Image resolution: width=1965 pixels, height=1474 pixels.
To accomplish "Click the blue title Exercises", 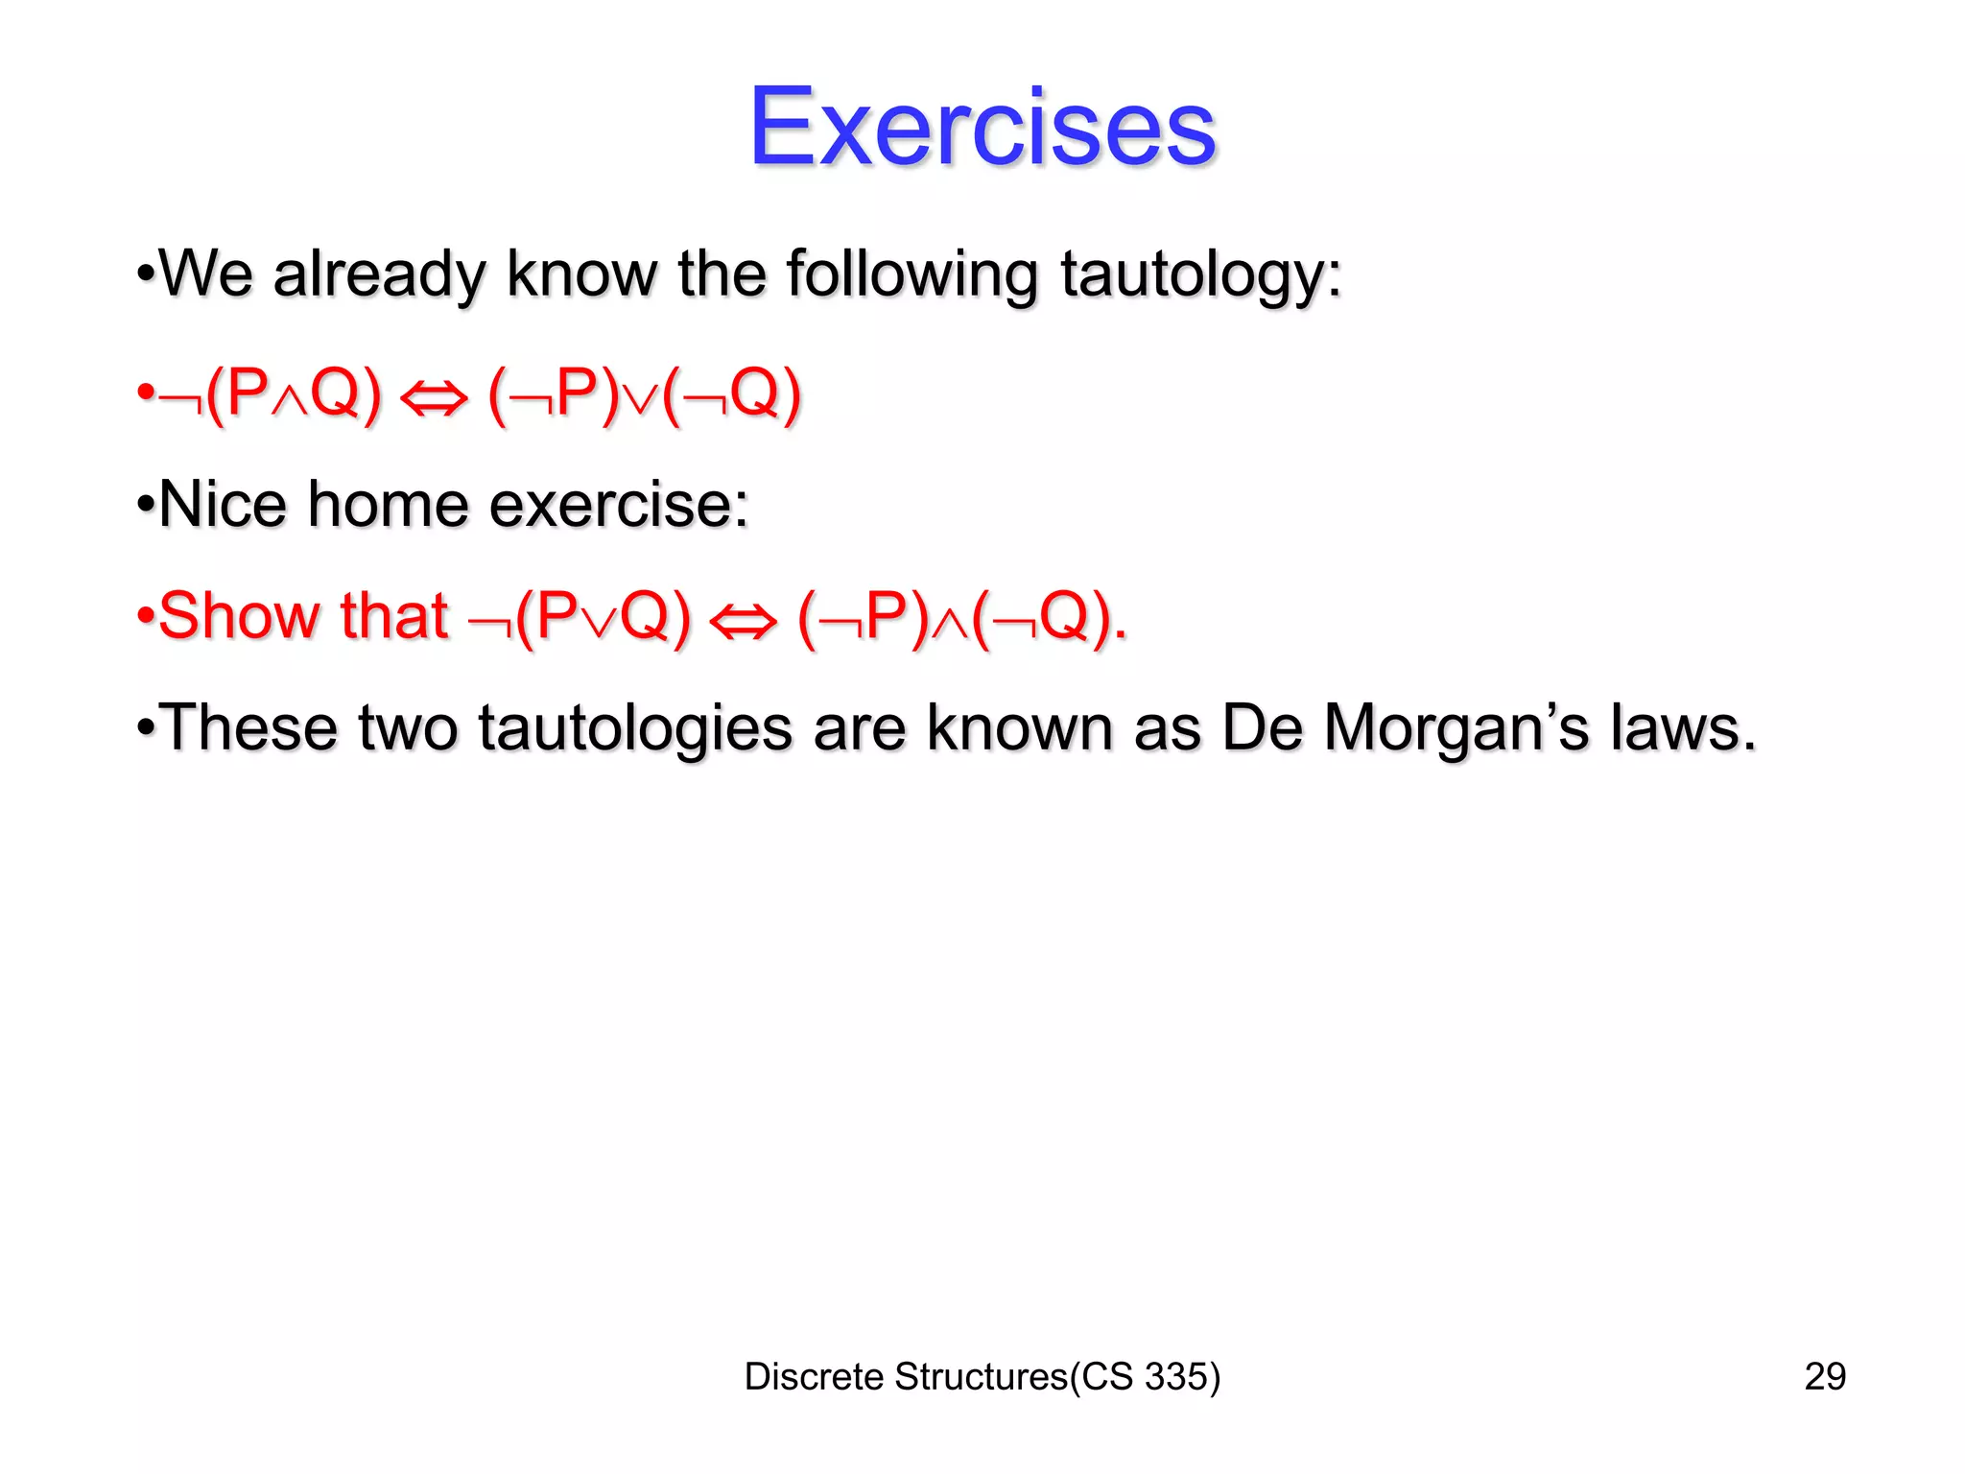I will click(x=982, y=127).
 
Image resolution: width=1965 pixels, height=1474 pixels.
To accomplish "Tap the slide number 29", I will click(x=1824, y=1376).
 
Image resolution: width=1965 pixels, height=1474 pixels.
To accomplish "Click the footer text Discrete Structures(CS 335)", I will click(x=982, y=1376).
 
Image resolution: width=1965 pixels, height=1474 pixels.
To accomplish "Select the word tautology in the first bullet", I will click(x=1199, y=276).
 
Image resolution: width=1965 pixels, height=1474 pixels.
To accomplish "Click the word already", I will click(x=379, y=276).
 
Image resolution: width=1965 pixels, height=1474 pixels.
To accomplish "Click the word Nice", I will click(x=223, y=505).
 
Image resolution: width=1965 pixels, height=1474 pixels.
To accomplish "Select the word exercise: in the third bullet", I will click(x=619, y=505).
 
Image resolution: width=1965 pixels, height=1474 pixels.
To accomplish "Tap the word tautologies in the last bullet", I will click(x=635, y=729).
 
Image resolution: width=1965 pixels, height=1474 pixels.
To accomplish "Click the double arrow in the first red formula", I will click(x=433, y=398).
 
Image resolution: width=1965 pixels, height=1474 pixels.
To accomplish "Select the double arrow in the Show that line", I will click(x=743, y=621).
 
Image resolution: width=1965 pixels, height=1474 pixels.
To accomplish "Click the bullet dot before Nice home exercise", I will click(x=146, y=505).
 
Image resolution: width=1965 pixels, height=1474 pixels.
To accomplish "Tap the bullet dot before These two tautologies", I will click(x=146, y=727).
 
